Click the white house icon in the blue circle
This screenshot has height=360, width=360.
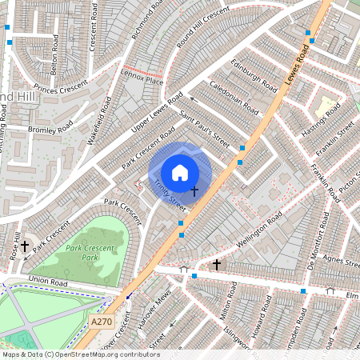pyautogui.click(x=180, y=173)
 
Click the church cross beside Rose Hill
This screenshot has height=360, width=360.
pyautogui.click(x=25, y=247)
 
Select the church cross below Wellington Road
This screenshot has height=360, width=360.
pyautogui.click(x=216, y=264)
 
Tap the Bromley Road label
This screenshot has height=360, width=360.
pyautogui.click(x=50, y=127)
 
